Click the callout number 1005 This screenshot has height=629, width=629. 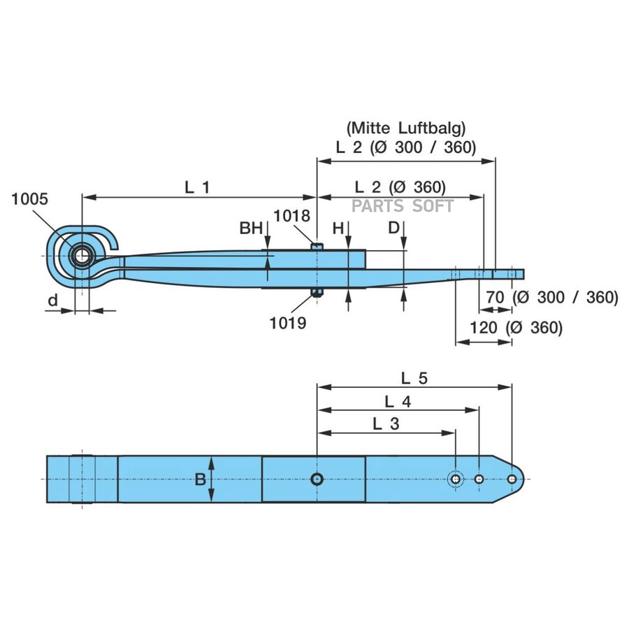(30, 198)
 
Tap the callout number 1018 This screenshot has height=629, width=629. (291, 216)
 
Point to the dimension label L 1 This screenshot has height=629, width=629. (197, 187)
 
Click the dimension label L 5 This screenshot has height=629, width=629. (414, 377)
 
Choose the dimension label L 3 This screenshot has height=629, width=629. (386, 424)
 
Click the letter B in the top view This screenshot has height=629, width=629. (200, 479)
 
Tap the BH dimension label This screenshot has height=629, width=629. (251, 228)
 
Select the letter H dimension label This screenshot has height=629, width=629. (338, 228)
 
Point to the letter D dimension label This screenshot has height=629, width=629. (394, 228)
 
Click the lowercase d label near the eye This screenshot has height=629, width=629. (53, 301)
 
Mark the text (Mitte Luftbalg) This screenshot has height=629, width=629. (405, 128)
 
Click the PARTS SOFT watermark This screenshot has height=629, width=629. (403, 205)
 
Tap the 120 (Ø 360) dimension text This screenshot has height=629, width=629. (516, 327)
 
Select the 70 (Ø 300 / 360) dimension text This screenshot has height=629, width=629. (552, 297)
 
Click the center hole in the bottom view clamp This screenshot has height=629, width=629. (317, 479)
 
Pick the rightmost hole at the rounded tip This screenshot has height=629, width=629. (512, 479)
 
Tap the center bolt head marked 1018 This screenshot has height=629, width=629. (317, 246)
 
